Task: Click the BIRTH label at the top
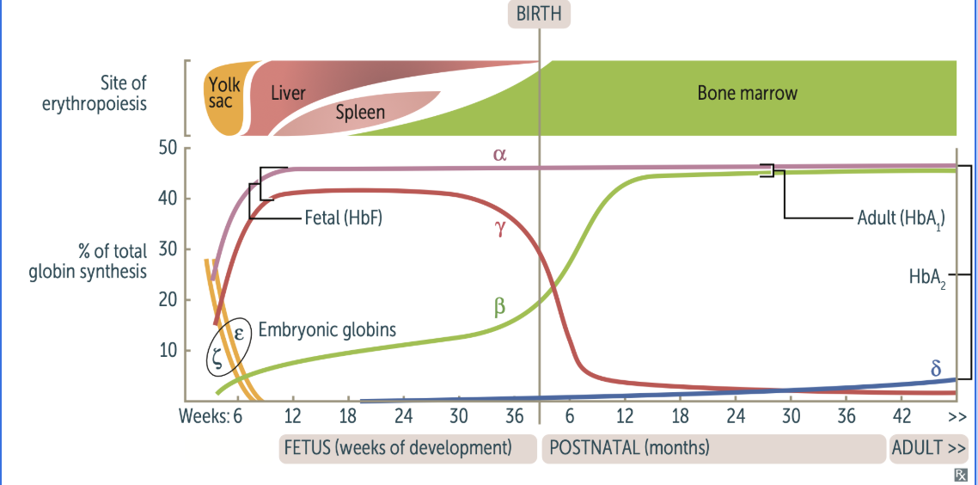539,14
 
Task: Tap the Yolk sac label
223,94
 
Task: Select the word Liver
288,93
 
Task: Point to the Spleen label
360,112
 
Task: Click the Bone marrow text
747,93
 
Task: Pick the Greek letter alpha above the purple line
500,156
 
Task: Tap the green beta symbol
499,305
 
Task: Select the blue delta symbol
936,369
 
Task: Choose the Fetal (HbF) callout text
343,218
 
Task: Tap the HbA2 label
927,277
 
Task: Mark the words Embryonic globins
327,328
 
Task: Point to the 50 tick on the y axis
167,148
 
